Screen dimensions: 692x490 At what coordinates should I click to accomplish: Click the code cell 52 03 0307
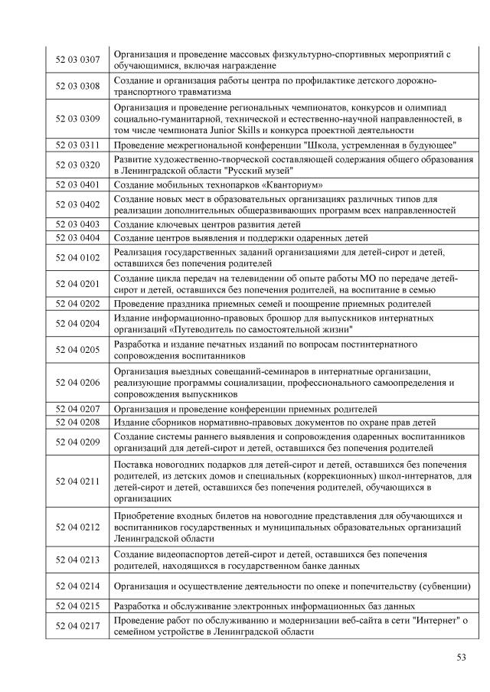(x=77, y=60)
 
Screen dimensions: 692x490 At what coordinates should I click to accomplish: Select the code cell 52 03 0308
(x=77, y=86)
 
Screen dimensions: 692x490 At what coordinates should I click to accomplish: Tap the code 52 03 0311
(x=77, y=144)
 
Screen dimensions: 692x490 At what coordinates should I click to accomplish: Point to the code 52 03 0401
(x=77, y=184)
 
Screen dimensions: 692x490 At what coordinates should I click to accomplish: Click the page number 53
(x=461, y=657)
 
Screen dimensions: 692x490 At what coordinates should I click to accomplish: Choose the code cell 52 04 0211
(x=77, y=481)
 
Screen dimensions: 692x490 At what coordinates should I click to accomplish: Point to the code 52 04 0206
(x=77, y=382)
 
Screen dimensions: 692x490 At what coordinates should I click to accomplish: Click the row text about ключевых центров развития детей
(x=207, y=224)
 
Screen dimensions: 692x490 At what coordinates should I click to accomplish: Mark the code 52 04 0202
(x=77, y=304)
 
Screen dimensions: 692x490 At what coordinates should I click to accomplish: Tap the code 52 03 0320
(x=77, y=165)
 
